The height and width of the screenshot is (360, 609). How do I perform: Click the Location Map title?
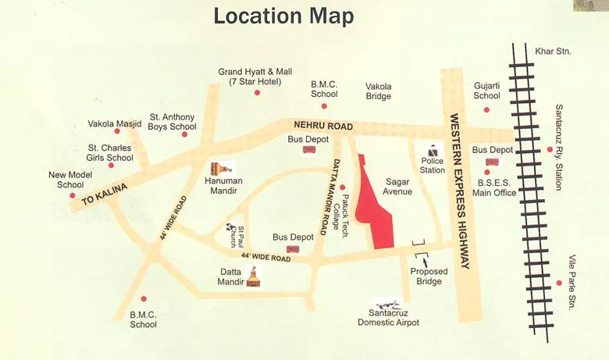(283, 16)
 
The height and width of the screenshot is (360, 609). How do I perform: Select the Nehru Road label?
(323, 126)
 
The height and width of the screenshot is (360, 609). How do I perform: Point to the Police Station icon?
(433, 152)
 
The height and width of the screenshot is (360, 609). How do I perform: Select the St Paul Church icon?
(231, 230)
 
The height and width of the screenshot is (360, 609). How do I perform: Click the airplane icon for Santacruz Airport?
(388, 304)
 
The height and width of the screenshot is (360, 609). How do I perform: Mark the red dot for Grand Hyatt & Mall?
(257, 92)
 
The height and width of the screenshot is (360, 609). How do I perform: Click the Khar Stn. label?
(554, 52)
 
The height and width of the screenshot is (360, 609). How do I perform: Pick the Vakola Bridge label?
(379, 91)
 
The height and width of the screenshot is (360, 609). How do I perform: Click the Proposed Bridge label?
(430, 276)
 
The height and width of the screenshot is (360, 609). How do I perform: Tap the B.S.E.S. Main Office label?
(493, 187)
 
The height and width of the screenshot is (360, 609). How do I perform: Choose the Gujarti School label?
(486, 91)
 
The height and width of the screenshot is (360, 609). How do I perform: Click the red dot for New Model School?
(72, 195)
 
